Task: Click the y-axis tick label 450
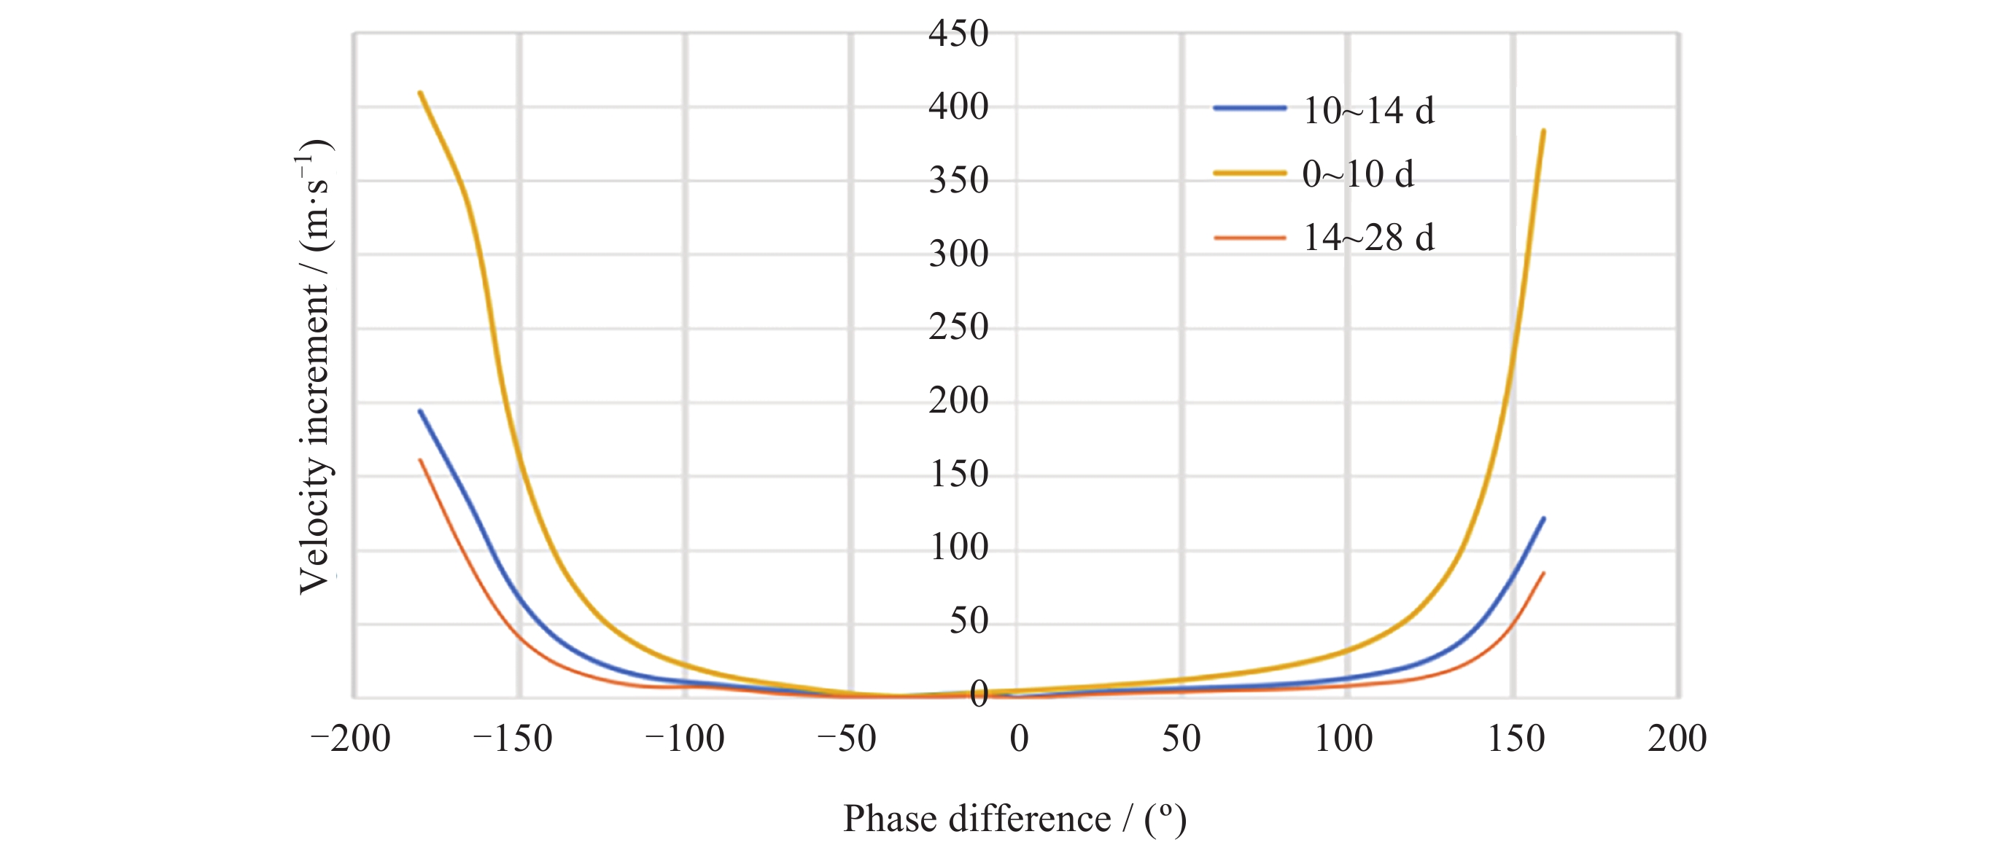958,34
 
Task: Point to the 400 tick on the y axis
958,107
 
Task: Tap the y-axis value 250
958,327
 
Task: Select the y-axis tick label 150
958,474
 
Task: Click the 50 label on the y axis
969,622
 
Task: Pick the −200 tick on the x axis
350,739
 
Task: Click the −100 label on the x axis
684,739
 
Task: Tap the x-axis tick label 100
1343,739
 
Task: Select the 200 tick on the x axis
1677,739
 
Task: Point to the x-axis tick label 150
1516,739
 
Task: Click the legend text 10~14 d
1369,111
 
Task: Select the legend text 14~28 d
1369,238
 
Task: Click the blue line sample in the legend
1249,109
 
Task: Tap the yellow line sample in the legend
1249,173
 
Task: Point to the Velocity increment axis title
315,367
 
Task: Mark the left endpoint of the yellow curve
421,93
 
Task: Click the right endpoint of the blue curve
1543,518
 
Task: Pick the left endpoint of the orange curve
421,460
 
